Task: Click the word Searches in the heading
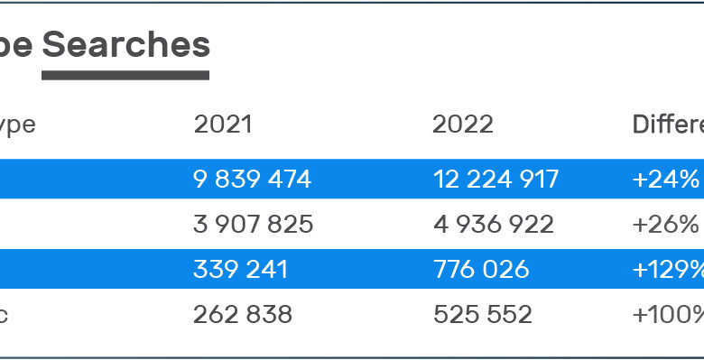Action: pos(125,43)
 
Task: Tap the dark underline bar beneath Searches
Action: pos(125,75)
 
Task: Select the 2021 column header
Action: pos(223,125)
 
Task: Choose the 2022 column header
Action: pos(462,125)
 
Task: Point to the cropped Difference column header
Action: pos(667,125)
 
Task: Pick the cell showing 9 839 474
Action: pos(252,180)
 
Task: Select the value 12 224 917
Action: pos(496,180)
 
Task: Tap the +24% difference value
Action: pos(665,180)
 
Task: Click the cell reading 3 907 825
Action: pos(253,224)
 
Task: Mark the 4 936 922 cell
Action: pos(493,224)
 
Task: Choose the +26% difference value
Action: pos(665,224)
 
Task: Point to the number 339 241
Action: pos(241,269)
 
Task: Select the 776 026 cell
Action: pos(480,269)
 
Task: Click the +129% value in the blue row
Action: pos(668,269)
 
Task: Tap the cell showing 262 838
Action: pos(242,314)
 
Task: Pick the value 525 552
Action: pos(481,314)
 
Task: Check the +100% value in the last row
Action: pos(668,314)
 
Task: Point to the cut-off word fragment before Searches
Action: pos(16,45)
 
